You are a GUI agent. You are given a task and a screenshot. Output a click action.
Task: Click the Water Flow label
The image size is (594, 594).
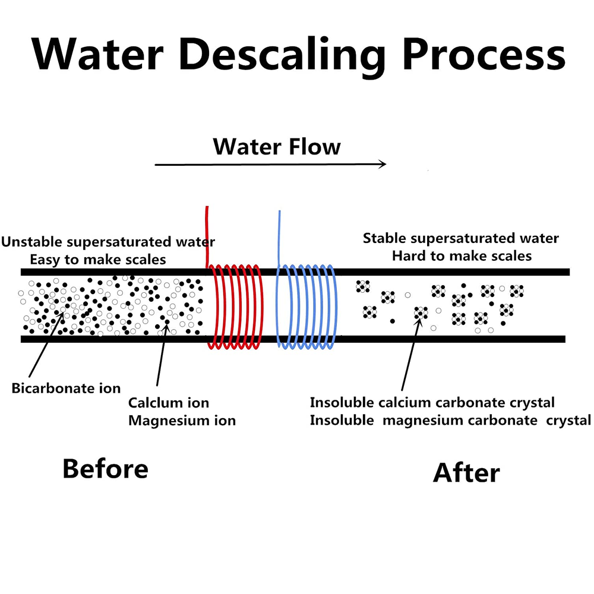coord(277,146)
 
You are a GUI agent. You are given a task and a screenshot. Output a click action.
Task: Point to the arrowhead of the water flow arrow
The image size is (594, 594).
coord(383,165)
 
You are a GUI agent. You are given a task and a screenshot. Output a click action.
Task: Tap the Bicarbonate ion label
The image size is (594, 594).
coord(66,388)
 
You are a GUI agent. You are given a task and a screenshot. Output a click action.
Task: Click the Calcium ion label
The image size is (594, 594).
coord(169,403)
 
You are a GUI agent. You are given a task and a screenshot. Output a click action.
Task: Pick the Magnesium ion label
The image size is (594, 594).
coord(182,421)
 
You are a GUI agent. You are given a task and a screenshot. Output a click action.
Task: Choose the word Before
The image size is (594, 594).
coord(105,469)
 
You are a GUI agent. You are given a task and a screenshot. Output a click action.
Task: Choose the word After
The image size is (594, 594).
coord(466,473)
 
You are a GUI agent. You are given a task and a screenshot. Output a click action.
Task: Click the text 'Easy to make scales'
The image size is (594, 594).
coord(98,260)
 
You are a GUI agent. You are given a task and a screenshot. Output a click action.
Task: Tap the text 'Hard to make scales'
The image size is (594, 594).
coord(462,256)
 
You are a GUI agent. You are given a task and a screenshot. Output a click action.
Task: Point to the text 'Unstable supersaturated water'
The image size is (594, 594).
coord(108,242)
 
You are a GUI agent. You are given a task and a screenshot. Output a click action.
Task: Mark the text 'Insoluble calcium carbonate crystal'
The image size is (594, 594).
coord(432,403)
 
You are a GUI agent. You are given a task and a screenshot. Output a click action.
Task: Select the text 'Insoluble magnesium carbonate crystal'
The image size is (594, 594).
coord(450,421)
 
